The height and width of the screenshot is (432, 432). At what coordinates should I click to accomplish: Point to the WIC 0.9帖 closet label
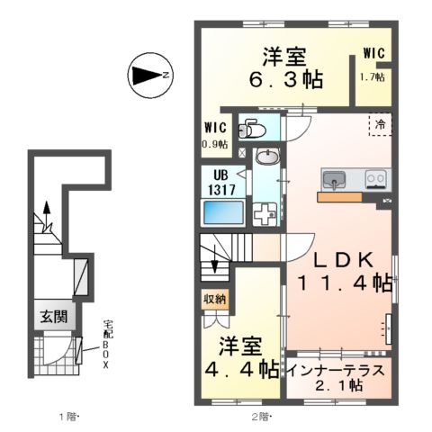point(215,135)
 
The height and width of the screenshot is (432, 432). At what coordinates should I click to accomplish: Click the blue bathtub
point(221,213)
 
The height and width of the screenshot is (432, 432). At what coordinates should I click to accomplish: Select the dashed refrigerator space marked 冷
point(381,123)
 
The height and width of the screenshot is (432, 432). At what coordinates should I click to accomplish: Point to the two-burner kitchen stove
point(375,178)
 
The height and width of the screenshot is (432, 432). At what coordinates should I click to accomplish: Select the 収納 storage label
point(215,299)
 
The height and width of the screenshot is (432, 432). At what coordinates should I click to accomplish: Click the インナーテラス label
point(337,370)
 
